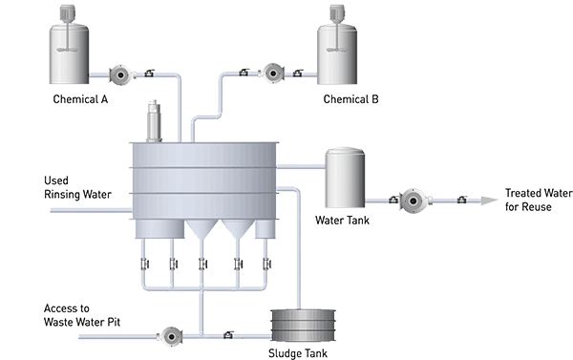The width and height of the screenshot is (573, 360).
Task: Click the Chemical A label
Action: (80, 99)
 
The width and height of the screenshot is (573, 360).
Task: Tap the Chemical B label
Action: (350, 99)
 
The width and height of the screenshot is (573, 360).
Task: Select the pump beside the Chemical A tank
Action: (121, 74)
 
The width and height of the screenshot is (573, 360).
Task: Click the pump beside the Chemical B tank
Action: (272, 74)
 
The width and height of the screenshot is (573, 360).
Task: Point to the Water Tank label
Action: (342, 220)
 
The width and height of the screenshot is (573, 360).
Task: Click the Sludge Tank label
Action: (298, 353)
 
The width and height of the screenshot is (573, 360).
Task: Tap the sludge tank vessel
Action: (303, 326)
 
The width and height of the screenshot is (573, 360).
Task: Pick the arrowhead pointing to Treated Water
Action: (489, 201)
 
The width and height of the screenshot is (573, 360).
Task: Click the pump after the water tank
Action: (414, 201)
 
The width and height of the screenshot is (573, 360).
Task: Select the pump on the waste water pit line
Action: (170, 336)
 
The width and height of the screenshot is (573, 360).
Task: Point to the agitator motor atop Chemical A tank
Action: (67, 14)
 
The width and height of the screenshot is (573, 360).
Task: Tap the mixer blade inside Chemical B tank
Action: (336, 50)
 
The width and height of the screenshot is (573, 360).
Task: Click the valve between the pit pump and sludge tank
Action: (228, 334)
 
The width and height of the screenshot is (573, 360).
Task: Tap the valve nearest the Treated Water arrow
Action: (462, 200)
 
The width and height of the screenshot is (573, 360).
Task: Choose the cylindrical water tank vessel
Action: (345, 178)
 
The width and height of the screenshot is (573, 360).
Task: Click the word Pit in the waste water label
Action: (114, 322)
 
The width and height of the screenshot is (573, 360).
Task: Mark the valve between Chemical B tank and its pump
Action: (298, 73)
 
